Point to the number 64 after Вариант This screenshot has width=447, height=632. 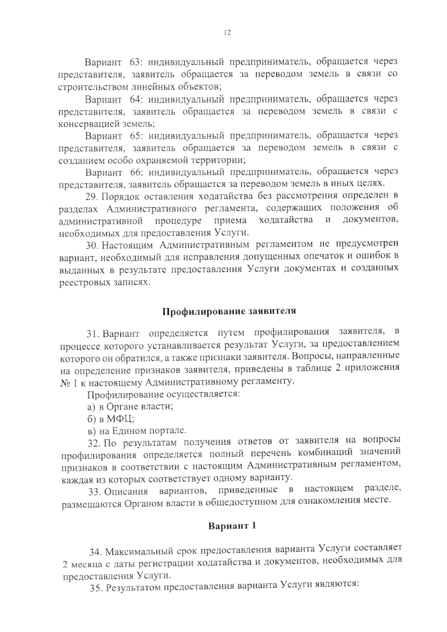pos(135,99)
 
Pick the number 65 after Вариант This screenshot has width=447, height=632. pos(135,135)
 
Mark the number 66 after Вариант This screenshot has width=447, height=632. pos(135,172)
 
